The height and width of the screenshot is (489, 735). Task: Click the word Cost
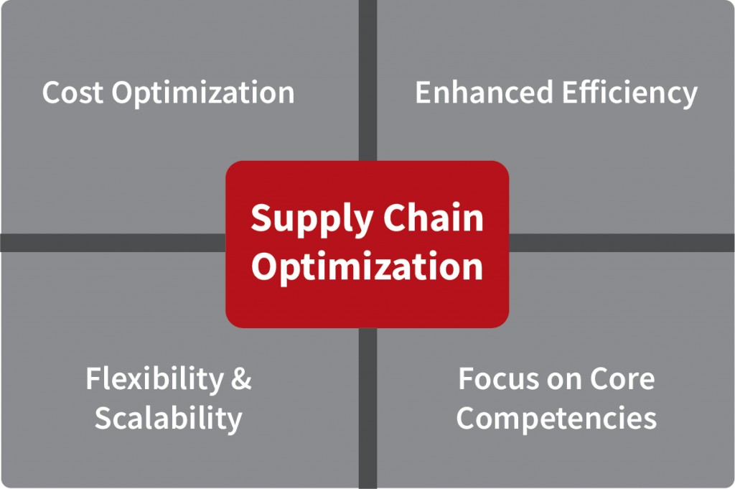(x=72, y=93)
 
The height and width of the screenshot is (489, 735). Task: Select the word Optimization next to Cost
(x=203, y=93)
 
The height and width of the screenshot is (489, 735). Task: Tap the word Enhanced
(x=484, y=92)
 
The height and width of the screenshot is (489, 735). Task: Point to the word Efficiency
(x=630, y=93)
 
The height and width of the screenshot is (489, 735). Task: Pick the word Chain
(x=434, y=218)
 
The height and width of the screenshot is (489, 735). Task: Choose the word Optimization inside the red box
(x=367, y=267)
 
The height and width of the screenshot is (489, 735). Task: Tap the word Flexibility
(x=155, y=379)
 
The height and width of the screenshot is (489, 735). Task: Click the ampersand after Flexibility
(x=241, y=379)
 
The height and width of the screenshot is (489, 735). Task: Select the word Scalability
(x=169, y=419)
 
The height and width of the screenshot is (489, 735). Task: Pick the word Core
(x=622, y=379)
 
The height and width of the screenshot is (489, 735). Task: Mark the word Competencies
(x=556, y=419)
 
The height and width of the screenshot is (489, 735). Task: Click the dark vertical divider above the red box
(x=368, y=80)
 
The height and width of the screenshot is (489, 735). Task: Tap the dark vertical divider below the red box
(x=368, y=409)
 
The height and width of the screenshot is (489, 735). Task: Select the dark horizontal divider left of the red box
(x=113, y=243)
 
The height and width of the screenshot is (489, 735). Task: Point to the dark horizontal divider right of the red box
(x=622, y=243)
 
